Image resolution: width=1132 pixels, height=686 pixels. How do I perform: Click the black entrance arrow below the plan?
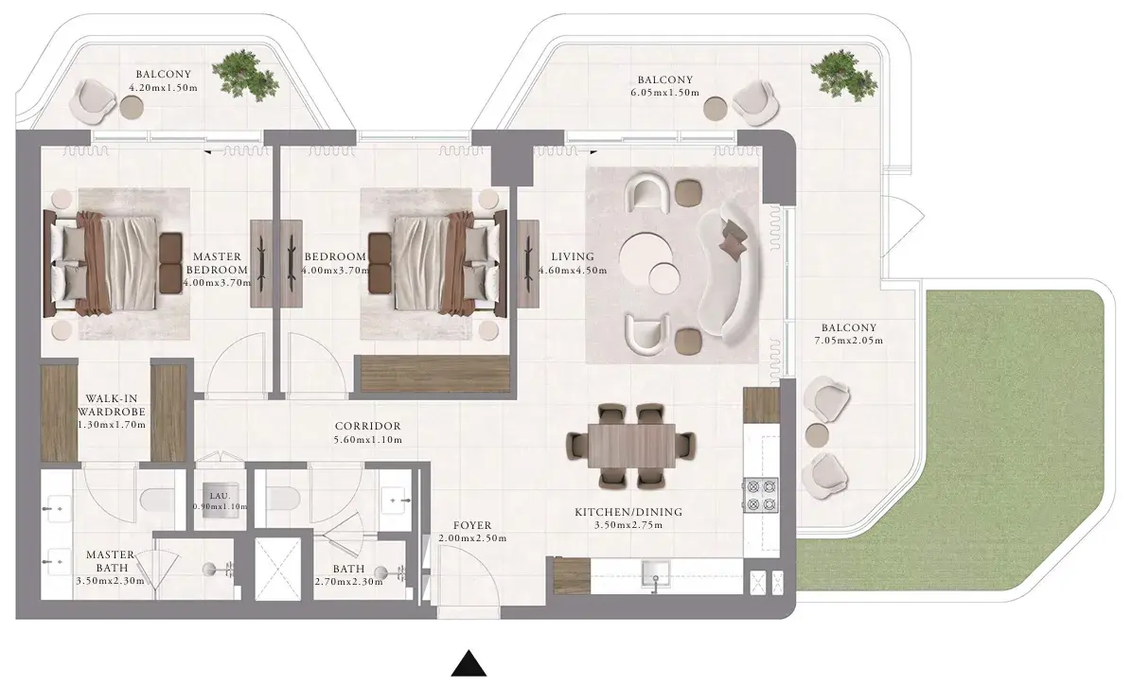tap(469, 664)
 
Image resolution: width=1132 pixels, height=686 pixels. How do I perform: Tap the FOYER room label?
tap(472, 526)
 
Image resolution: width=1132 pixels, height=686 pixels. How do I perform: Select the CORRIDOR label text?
tap(367, 427)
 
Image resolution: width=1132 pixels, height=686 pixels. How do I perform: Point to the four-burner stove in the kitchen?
tap(761, 495)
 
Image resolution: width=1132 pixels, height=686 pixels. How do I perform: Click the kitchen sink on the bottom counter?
tap(656, 572)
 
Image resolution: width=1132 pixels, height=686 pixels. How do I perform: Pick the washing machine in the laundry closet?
tap(220, 497)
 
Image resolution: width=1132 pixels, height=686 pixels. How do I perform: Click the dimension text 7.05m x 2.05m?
tap(848, 341)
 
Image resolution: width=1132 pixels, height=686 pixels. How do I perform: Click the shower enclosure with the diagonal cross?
tap(277, 569)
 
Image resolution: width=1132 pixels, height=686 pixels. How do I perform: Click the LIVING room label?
tap(573, 256)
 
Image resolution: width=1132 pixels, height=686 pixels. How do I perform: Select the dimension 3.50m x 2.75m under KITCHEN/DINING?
tap(628, 525)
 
